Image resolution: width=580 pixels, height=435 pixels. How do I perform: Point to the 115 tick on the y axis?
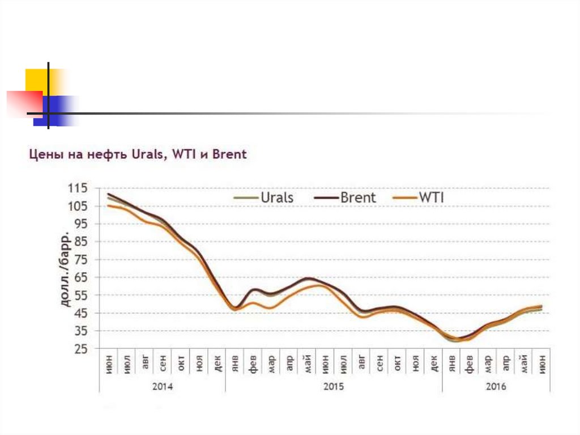[x=78, y=189]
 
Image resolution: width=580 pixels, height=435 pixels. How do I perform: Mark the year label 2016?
[x=496, y=387]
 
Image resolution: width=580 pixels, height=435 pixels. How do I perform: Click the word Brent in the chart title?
[x=229, y=154]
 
